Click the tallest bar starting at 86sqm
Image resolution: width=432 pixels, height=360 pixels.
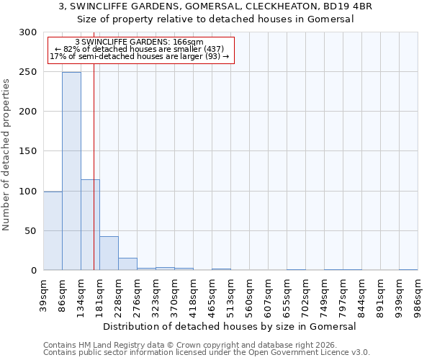71,171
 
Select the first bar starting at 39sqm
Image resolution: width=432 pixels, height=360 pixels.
53,230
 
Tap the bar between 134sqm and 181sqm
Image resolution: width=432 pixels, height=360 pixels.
90,225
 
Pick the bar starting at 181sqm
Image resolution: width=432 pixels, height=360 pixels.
109,253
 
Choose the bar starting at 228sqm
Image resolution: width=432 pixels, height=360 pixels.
127,264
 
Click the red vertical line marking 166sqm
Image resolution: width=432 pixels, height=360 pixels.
94,144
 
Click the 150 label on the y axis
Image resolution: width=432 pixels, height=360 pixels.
28,151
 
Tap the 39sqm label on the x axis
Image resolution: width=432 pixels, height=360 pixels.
44,293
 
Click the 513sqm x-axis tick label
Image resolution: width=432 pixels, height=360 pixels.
230,293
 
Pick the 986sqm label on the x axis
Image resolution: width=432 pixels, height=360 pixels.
418,293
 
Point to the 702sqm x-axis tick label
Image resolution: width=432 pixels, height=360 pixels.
305,293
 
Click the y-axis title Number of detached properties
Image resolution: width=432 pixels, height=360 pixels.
6,155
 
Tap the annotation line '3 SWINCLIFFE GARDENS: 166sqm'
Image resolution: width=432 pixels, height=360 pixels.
139,42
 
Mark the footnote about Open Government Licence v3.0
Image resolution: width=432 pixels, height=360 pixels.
207,353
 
